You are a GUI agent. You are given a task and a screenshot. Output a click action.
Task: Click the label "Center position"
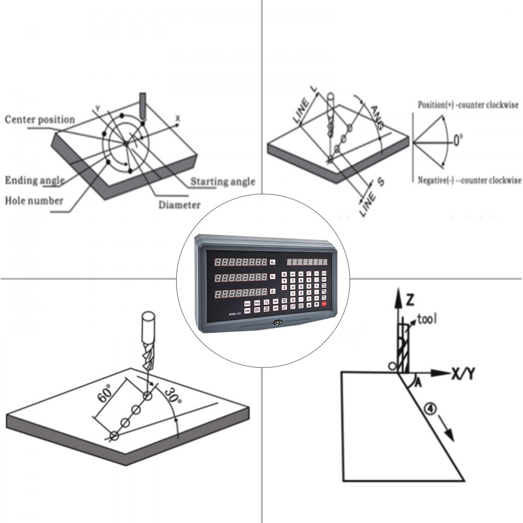click(x=40, y=120)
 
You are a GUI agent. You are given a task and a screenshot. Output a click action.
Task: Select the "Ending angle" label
click(x=35, y=181)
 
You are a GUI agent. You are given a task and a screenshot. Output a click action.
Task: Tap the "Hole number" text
click(x=34, y=200)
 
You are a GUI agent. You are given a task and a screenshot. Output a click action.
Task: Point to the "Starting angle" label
click(x=222, y=182)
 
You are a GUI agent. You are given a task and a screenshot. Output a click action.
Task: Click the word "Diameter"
click(x=179, y=205)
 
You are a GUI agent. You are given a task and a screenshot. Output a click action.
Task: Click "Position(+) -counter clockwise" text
click(x=468, y=105)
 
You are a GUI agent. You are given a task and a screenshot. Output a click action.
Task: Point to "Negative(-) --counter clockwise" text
click(x=469, y=180)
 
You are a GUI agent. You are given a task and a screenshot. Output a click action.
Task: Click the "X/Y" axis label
click(x=465, y=373)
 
